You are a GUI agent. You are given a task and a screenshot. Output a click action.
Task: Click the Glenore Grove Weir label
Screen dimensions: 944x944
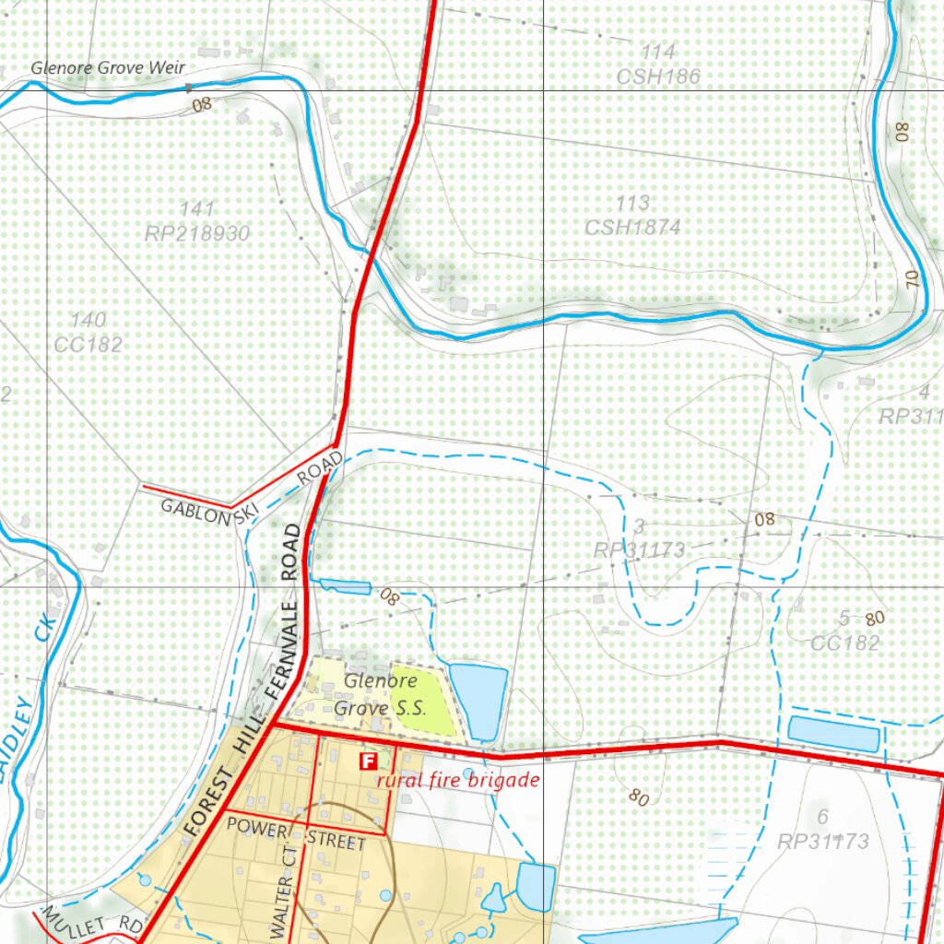pyautogui.click(x=108, y=67)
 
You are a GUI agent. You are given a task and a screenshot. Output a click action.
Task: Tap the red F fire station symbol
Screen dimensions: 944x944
pyautogui.click(x=368, y=761)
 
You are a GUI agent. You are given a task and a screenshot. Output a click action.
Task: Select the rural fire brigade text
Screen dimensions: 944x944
pyautogui.click(x=457, y=780)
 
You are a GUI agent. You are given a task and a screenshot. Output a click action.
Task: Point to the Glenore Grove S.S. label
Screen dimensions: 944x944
pyautogui.click(x=380, y=695)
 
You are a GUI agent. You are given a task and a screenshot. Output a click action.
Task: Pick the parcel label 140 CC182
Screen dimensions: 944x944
pyautogui.click(x=88, y=333)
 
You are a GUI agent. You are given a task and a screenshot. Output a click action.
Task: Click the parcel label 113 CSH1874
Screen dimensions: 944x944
pyautogui.click(x=633, y=215)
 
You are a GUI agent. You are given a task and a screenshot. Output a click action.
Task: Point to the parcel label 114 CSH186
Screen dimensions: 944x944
pyautogui.click(x=658, y=64)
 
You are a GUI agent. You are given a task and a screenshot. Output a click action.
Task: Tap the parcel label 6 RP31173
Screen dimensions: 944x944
pyautogui.click(x=823, y=830)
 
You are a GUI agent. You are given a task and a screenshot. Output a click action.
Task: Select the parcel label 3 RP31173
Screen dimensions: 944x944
pyautogui.click(x=639, y=539)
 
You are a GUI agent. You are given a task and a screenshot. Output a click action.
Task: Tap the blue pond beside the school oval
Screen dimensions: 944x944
pyautogui.click(x=478, y=700)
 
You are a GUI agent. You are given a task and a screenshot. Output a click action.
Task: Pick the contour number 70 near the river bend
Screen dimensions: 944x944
pyautogui.click(x=913, y=280)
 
